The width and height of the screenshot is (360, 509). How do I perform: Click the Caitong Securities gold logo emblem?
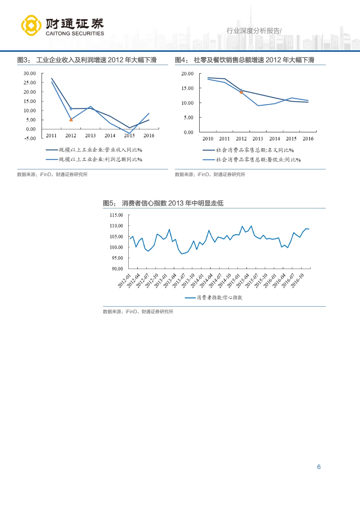31,25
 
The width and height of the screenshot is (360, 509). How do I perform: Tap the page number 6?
319,467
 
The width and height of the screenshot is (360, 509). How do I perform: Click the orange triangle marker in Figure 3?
71,119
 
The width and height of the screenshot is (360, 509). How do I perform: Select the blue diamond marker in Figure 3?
71,109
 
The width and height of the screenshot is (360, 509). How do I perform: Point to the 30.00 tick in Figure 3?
30,73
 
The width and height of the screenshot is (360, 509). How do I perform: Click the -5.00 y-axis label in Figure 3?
30,138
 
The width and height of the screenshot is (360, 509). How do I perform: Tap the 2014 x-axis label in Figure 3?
110,136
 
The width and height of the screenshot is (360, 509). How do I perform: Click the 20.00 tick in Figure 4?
187,74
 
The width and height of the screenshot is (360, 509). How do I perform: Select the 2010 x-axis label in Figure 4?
208,139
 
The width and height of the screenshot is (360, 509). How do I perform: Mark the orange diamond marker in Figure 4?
241,92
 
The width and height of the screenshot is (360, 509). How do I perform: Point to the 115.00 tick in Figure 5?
116,215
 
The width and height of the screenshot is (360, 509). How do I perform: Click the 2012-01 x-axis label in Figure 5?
124,281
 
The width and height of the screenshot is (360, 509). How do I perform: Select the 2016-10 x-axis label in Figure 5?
297,281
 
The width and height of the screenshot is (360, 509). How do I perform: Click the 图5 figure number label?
109,203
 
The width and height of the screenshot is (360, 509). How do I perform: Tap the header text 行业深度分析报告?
254,31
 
